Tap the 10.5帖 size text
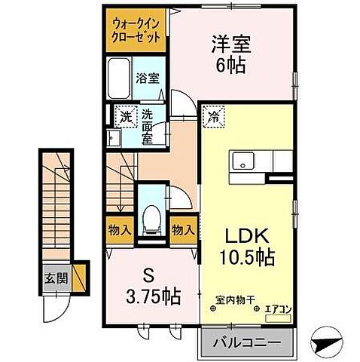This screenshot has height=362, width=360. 244,256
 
